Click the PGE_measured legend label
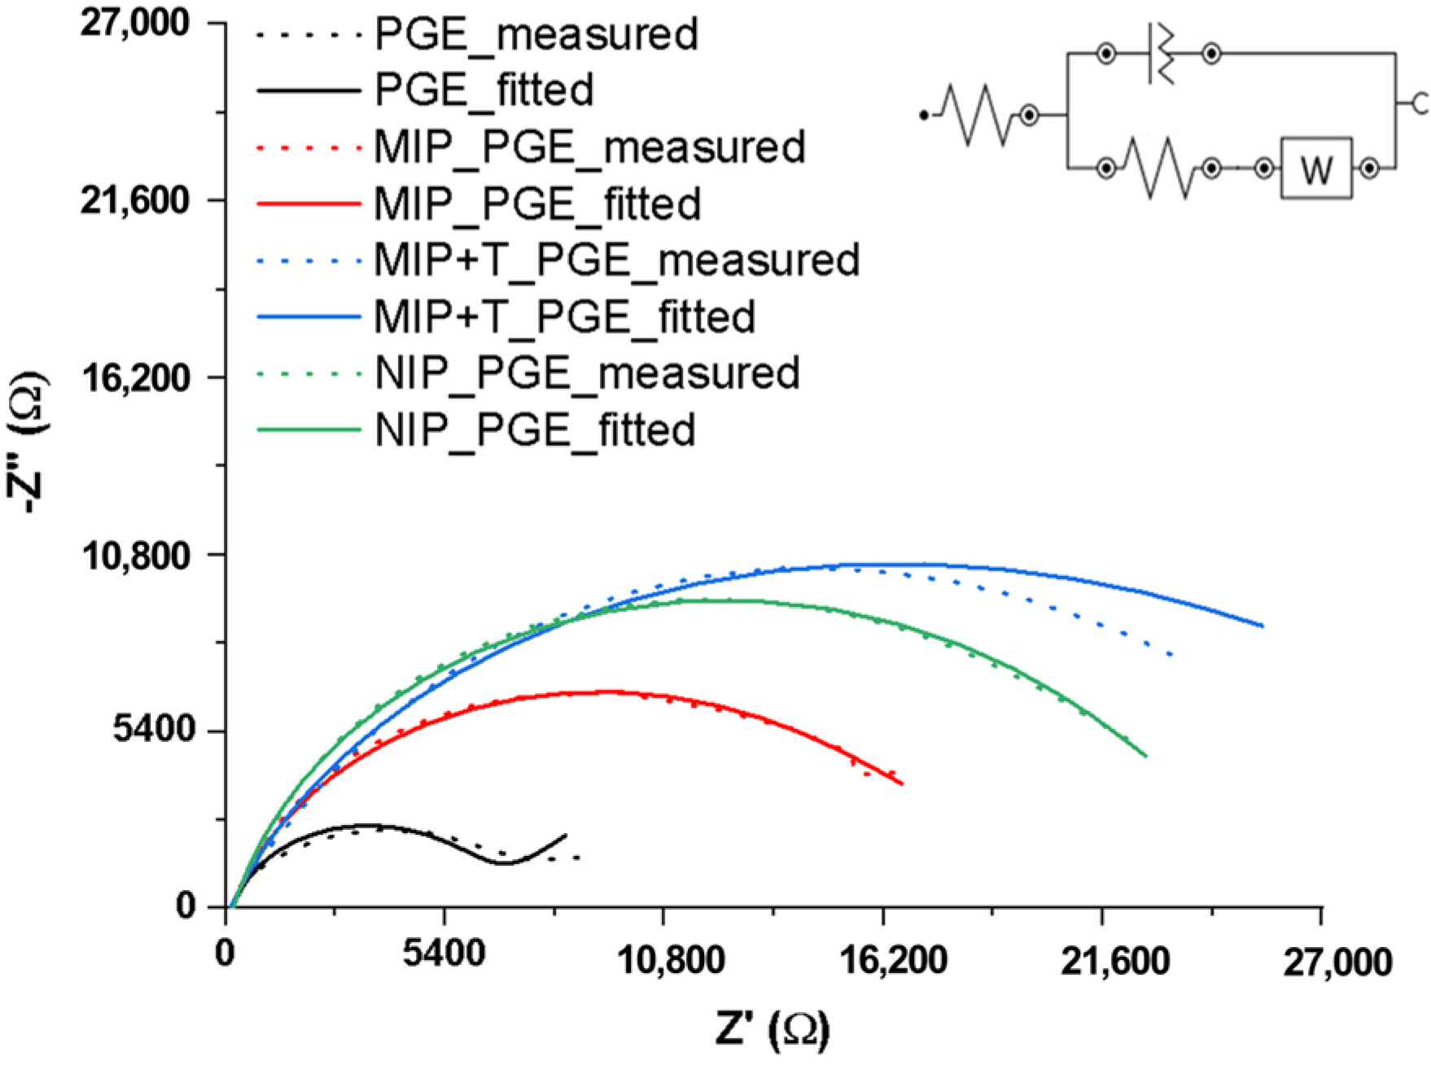536,34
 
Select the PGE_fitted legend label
484,89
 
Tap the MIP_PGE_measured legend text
589,147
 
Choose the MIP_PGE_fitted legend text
537,203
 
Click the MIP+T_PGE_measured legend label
616,260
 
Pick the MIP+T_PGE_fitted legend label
564,316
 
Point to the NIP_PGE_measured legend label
587,373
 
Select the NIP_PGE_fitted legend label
535,430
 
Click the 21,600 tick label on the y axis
135,200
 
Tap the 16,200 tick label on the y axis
135,378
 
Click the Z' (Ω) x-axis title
772,1028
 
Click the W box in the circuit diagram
1316,169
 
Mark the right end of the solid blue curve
1262,626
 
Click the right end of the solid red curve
902,783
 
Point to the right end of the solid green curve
1145,756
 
